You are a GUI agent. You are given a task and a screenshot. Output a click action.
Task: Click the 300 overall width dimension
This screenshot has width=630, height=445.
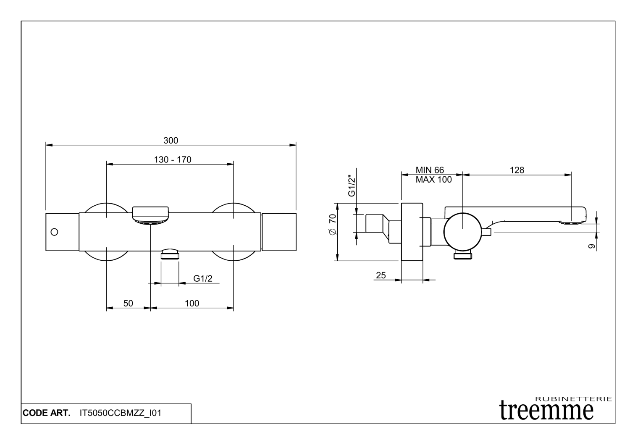point(171,141)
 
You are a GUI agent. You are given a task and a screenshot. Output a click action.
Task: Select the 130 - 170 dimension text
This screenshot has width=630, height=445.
point(173,160)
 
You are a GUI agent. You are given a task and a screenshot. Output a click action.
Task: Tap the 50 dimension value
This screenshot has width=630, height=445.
point(128,303)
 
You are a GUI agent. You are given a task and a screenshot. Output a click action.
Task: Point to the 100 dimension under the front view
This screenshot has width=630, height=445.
point(192,303)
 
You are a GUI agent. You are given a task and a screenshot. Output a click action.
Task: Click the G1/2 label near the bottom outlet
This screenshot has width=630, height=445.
point(203,278)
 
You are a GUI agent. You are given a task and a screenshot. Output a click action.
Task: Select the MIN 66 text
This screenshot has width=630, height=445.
point(430,170)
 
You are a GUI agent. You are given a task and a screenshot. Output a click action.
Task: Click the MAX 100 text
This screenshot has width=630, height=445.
point(433,180)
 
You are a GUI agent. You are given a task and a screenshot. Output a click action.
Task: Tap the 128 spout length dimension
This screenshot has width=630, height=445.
point(517,170)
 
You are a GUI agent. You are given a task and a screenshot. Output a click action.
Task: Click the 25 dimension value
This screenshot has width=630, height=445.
point(381,275)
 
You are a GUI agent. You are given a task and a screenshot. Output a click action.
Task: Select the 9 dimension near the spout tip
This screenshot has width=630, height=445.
point(592,246)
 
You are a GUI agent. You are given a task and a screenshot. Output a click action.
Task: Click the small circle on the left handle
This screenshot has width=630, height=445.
point(54,232)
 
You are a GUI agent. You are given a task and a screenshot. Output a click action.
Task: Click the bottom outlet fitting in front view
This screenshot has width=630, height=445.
point(170,254)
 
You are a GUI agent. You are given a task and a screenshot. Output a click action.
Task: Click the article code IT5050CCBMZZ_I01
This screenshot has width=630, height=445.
point(121,413)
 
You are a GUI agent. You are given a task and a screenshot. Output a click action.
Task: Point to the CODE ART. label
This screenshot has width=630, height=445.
point(47,413)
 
